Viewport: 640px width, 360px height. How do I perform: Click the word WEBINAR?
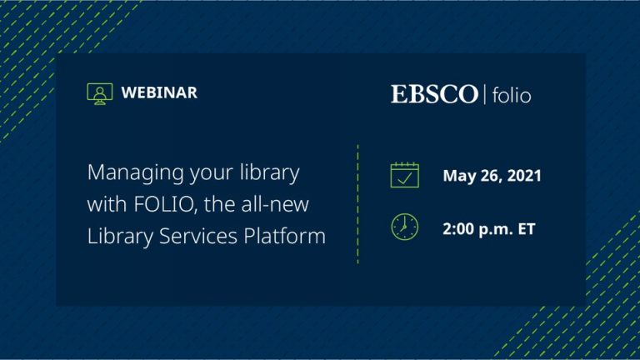[x=159, y=92]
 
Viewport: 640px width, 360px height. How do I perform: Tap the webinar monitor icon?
[x=100, y=93]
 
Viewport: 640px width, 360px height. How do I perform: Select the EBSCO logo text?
[x=434, y=94]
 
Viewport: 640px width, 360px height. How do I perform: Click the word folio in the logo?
[x=512, y=96]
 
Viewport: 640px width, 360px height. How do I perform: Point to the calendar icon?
[x=404, y=175]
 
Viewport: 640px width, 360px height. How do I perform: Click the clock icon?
[x=404, y=227]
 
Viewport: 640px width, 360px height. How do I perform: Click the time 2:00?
[x=458, y=229]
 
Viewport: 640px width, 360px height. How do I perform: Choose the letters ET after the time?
[x=527, y=229]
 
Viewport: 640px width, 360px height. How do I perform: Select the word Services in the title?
[x=198, y=236]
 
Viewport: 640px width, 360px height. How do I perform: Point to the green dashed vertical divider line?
[x=358, y=204]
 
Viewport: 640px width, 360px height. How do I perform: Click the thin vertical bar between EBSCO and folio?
[x=485, y=94]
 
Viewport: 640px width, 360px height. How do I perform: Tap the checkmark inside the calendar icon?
[x=404, y=179]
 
